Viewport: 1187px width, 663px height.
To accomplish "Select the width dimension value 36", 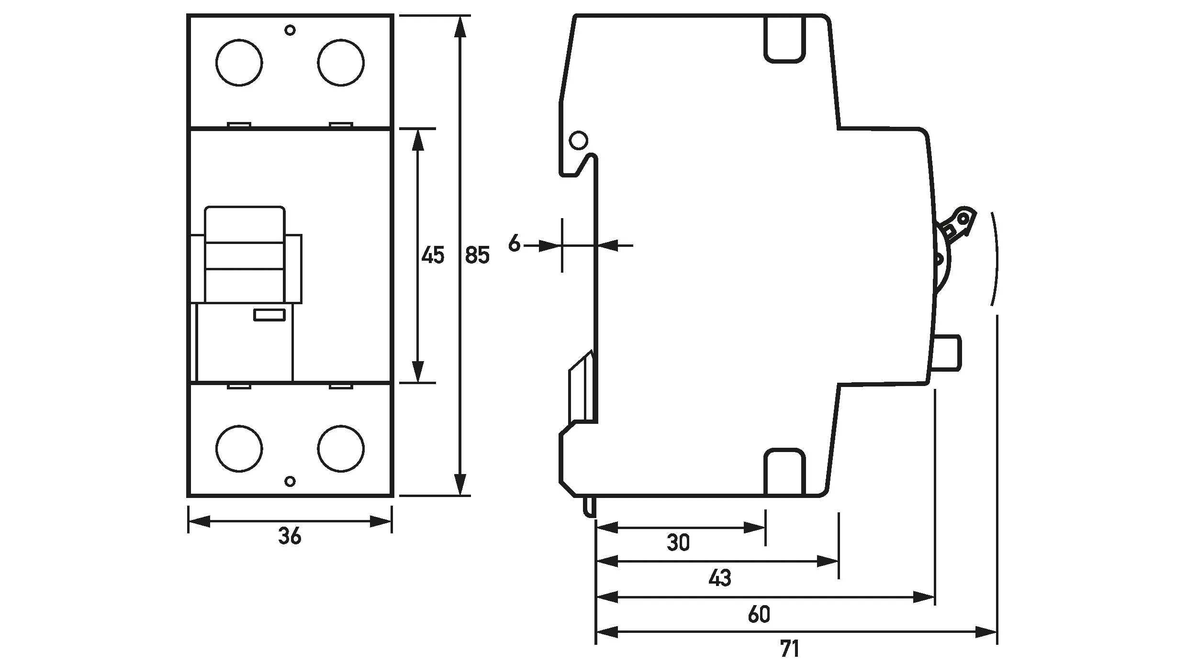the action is pos(290,536).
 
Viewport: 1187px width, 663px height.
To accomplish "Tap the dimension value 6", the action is pos(514,243).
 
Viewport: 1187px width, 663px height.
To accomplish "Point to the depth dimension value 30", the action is pos(678,542).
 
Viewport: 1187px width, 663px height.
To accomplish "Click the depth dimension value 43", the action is pos(720,578).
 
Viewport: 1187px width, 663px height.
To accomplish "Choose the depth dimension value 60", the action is pos(759,614).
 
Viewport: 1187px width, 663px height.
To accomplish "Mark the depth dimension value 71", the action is pos(790,649).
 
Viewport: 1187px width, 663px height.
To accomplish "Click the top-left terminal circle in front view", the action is pos(239,63).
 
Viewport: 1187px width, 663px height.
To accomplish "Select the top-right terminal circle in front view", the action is pos(341,63).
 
